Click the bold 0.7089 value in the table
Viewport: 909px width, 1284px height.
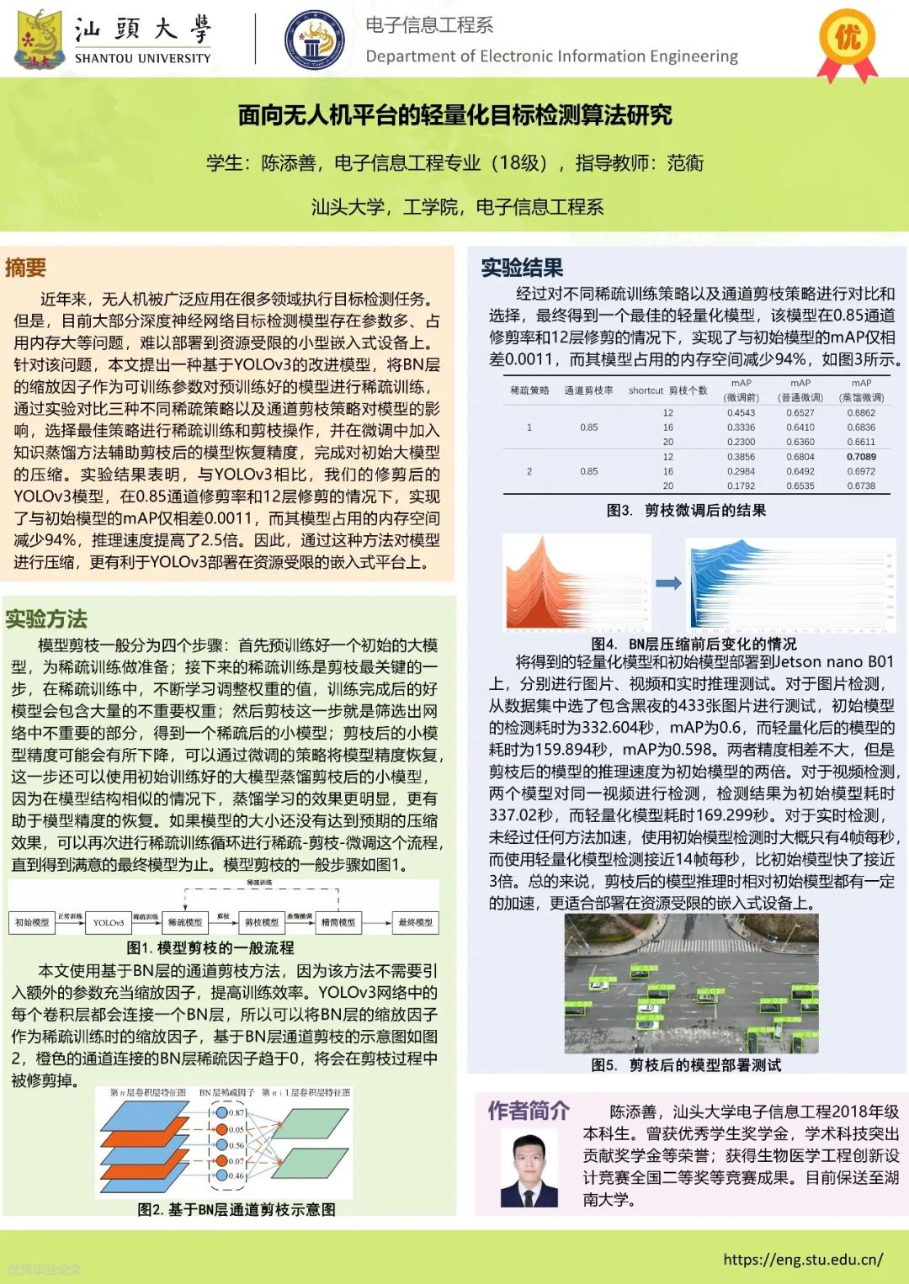click(x=861, y=457)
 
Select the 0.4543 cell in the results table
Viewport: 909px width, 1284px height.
click(x=741, y=412)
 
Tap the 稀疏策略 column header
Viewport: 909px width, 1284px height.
click(x=529, y=390)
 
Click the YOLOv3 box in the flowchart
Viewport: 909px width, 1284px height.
click(x=109, y=922)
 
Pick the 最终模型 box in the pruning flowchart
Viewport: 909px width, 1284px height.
click(x=415, y=922)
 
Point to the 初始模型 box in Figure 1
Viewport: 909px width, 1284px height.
click(x=32, y=922)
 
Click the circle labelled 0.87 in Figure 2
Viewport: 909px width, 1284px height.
click(x=221, y=1112)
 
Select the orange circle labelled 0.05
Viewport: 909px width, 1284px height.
click(x=221, y=1129)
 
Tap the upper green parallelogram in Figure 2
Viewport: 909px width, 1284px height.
click(x=309, y=1124)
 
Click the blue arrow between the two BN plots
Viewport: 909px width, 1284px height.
click(x=668, y=583)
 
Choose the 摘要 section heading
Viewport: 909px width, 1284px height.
click(x=25, y=268)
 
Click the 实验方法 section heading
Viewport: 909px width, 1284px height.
click(x=46, y=619)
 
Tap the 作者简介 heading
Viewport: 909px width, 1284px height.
click(x=529, y=1111)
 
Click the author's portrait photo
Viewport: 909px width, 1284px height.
click(x=529, y=1169)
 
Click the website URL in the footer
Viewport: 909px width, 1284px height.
click(x=803, y=1260)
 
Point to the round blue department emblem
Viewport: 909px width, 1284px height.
click(x=314, y=40)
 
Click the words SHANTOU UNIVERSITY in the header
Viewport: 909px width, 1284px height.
click(x=142, y=58)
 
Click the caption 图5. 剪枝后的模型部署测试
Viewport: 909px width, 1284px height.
click(x=686, y=1065)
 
